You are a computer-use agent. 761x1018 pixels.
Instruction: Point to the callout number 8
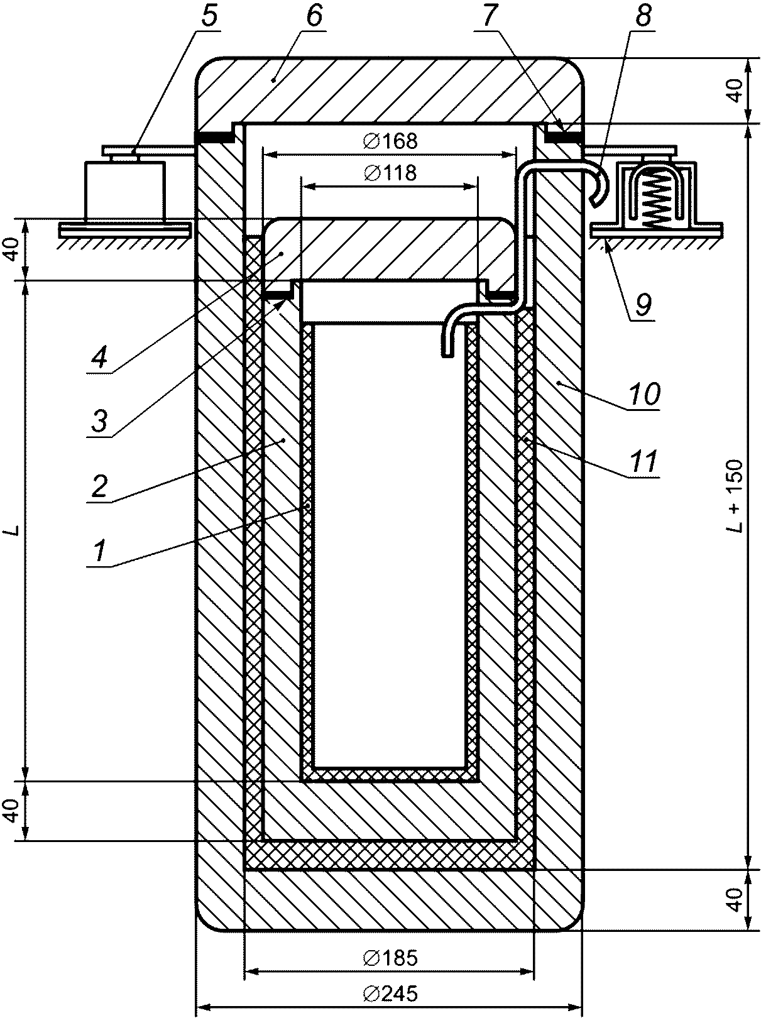tap(643, 16)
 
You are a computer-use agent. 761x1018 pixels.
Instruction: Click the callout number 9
tap(643, 304)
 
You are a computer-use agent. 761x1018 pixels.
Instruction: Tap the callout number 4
tap(99, 357)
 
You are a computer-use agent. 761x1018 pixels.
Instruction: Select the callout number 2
tap(99, 486)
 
